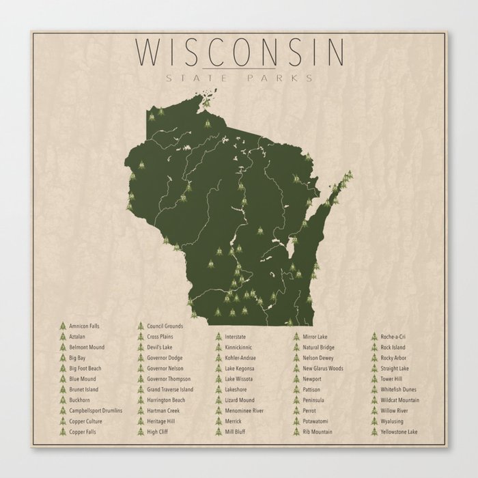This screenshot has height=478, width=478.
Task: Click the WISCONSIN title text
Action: pyautogui.click(x=240, y=52)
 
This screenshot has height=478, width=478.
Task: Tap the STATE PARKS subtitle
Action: pyautogui.click(x=240, y=77)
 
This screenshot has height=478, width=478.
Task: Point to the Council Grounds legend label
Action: pyautogui.click(x=165, y=326)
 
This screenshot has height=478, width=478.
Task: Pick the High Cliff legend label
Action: pyautogui.click(x=157, y=432)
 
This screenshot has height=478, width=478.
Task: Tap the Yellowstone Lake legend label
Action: pyautogui.click(x=400, y=432)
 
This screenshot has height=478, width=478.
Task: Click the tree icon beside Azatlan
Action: pyautogui.click(x=62, y=337)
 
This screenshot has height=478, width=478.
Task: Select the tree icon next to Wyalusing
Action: pyautogui.click(x=374, y=422)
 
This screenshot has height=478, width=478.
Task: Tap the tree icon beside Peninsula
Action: pyautogui.click(x=296, y=400)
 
